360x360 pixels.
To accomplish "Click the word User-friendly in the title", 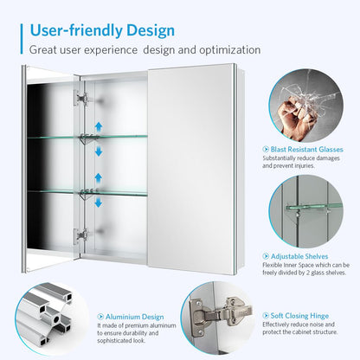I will (74, 30).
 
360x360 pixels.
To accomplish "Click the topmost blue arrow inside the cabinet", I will (98, 126).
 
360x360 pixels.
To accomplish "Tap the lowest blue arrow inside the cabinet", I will (98, 203).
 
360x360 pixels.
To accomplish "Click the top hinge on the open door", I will (82, 98).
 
